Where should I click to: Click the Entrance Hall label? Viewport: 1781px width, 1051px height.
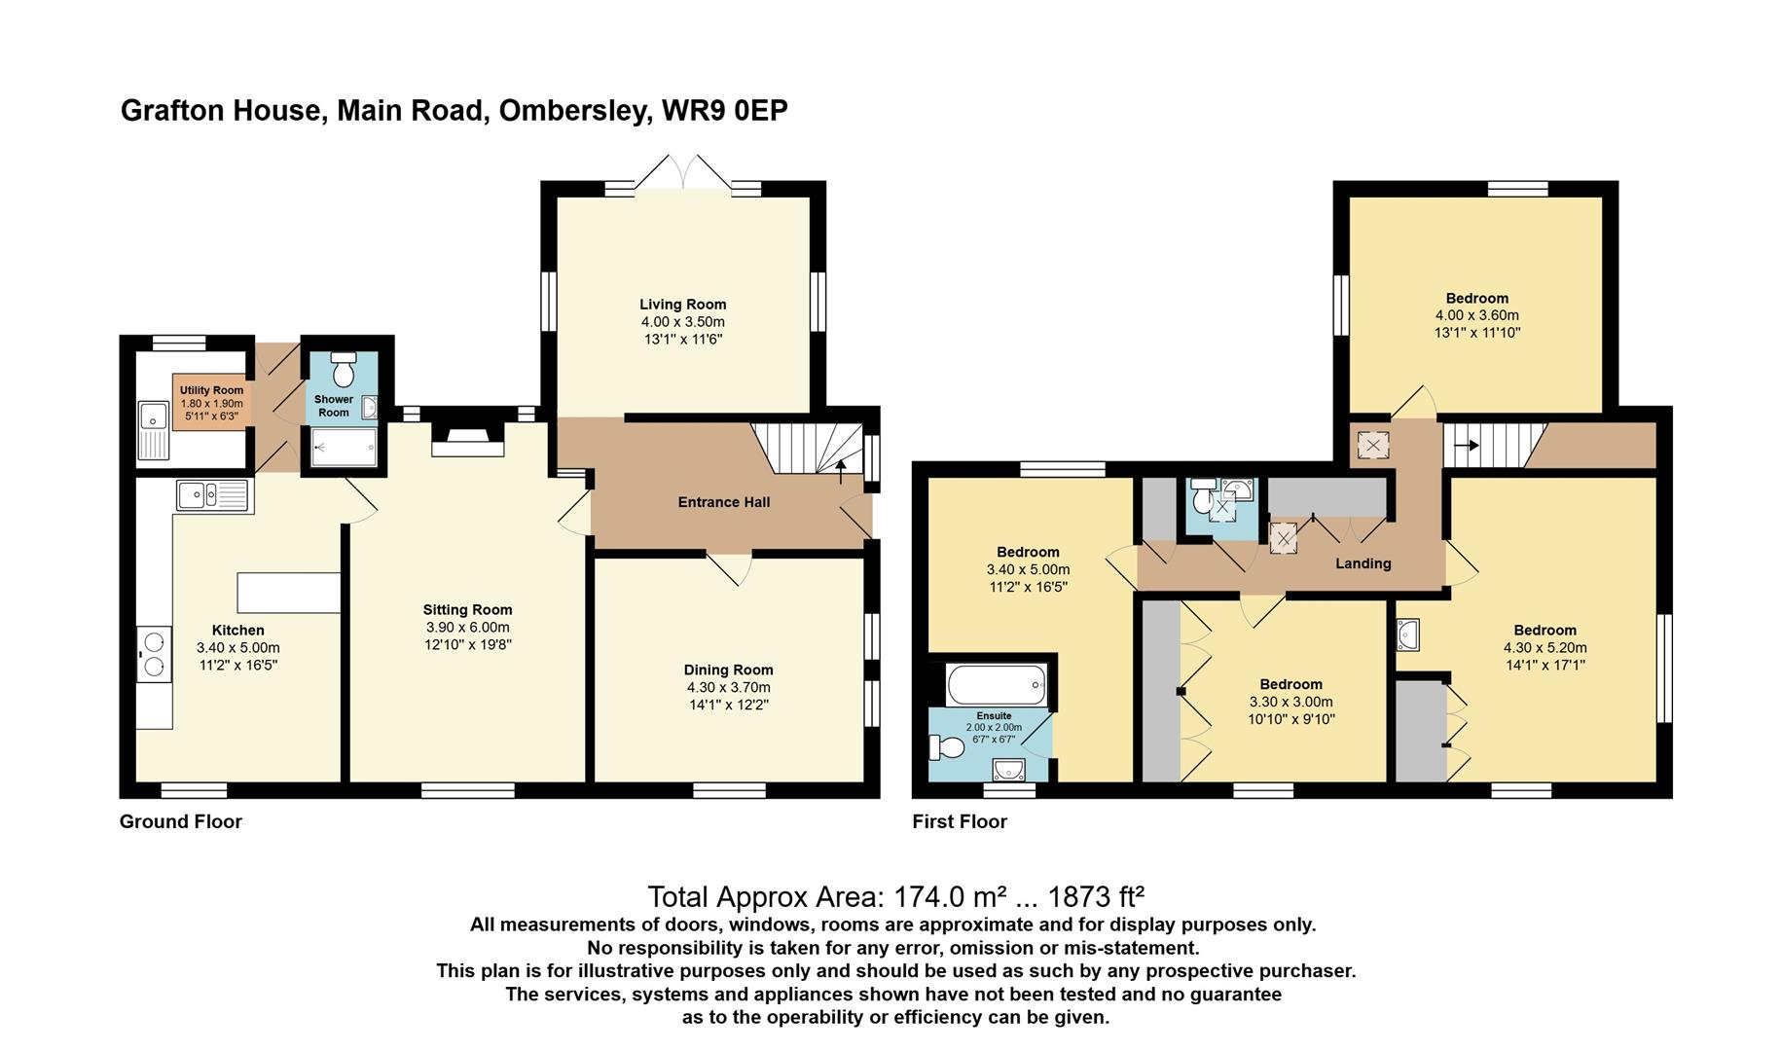click(724, 502)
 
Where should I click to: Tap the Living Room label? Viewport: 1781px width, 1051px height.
click(682, 305)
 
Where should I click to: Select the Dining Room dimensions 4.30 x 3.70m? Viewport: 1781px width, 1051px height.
click(729, 687)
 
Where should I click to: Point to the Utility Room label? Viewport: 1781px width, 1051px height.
click(211, 390)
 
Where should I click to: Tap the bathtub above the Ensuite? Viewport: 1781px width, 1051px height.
click(997, 684)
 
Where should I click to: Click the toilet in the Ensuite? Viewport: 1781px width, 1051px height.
click(946, 746)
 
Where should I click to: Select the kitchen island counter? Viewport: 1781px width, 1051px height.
click(289, 593)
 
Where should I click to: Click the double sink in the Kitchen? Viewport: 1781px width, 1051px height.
click(214, 496)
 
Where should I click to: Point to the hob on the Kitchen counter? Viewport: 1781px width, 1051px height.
click(154, 653)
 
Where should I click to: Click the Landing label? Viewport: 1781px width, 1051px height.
click(1363, 563)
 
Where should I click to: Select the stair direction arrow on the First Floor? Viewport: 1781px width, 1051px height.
click(1467, 446)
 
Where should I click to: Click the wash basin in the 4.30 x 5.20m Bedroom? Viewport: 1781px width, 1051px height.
click(1408, 635)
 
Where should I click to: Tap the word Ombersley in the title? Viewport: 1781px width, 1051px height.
click(573, 111)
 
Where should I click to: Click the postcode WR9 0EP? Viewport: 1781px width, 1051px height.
click(724, 111)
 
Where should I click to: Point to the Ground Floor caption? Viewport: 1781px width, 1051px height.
click(181, 821)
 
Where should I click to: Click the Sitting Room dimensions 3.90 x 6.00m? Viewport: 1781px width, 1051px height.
click(467, 628)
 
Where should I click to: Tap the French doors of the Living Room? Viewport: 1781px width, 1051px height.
click(684, 171)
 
